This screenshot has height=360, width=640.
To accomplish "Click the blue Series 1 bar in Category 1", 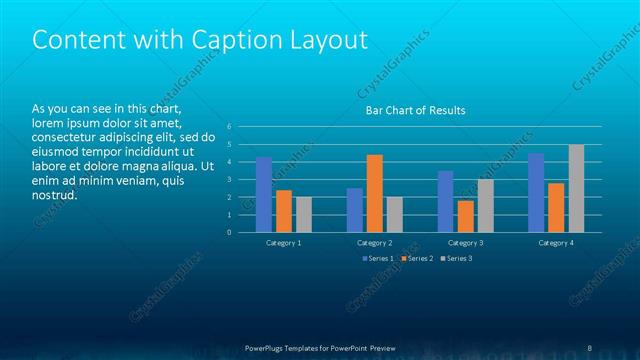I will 264,195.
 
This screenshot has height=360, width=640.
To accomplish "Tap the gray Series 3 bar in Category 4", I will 576,189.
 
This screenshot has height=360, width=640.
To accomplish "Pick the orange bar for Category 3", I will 465,217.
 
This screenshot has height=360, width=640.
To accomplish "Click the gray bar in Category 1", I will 304,215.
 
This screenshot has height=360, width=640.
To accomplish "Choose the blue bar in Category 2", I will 355,210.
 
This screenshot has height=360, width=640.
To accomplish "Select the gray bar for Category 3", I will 485,206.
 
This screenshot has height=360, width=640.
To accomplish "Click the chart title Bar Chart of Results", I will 415,110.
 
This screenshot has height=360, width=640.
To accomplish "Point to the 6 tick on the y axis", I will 229,127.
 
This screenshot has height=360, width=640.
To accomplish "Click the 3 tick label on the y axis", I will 229,180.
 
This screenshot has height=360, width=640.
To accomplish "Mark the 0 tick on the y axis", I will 229,233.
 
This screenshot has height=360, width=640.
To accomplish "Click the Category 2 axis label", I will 375,243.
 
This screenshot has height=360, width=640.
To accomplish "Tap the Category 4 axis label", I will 556,243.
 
